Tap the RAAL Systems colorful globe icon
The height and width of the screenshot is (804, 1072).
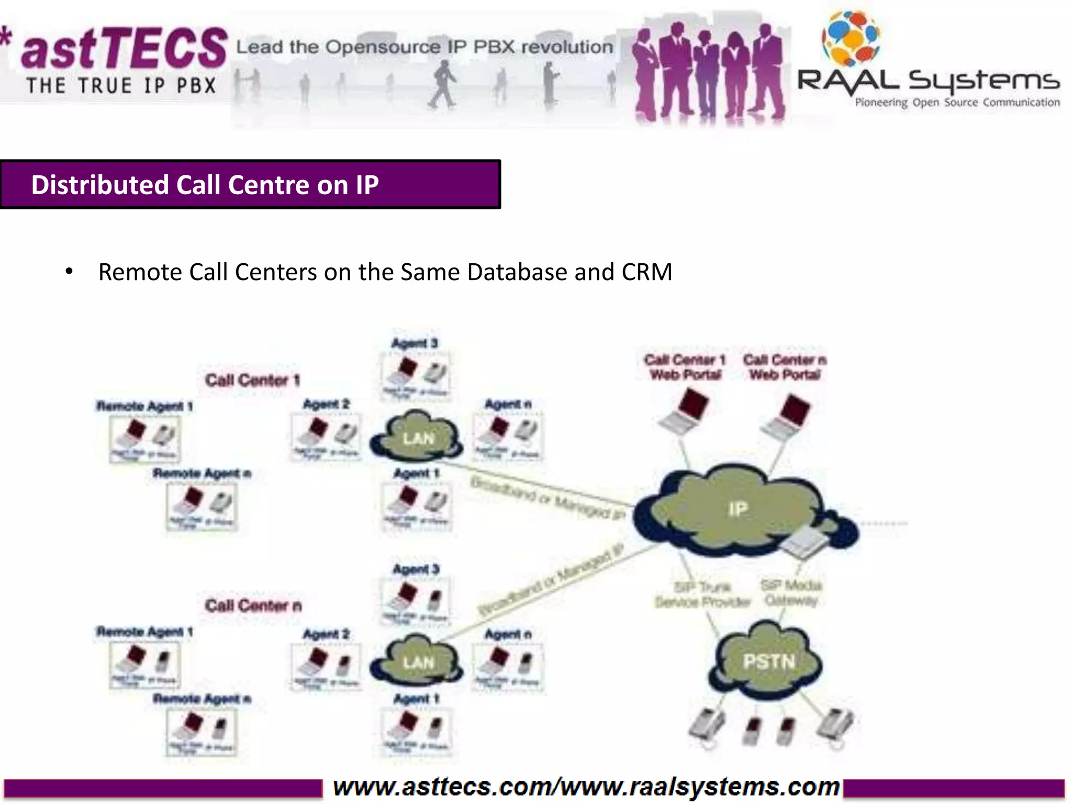click(x=851, y=37)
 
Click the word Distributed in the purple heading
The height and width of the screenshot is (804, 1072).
click(x=99, y=185)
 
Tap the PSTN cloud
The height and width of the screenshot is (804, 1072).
click(x=768, y=662)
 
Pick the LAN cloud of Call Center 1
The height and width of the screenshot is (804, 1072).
click(x=418, y=438)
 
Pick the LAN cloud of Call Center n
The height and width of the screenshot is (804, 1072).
click(x=418, y=663)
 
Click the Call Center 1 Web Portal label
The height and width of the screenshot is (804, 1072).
click(x=685, y=367)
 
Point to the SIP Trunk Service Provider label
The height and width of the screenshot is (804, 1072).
click(x=702, y=595)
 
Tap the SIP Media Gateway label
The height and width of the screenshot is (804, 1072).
click(x=791, y=593)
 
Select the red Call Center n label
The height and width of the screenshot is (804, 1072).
click(x=253, y=606)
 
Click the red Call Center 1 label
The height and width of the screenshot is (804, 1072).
click(x=252, y=380)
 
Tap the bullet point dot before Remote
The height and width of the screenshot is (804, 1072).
click(x=69, y=272)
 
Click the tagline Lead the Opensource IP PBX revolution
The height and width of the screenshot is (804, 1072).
click(x=425, y=47)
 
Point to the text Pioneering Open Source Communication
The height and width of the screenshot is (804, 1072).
click(x=957, y=103)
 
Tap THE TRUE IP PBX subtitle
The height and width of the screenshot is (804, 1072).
click(x=121, y=86)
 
